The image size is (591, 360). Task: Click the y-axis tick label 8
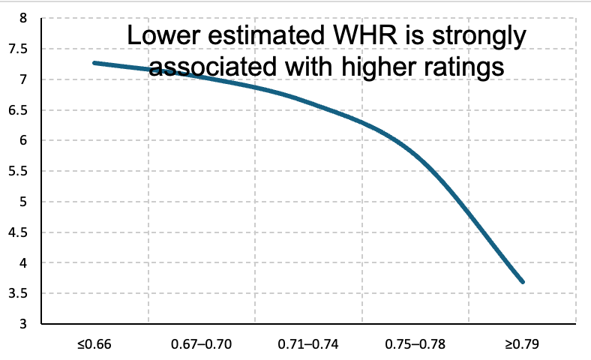pos(23,18)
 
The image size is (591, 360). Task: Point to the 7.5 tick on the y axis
pos(18,49)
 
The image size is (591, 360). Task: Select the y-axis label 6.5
pos(18,110)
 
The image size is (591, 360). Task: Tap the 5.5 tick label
pos(18,171)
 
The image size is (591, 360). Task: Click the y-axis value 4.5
pos(18,232)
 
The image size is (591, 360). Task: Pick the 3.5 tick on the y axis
pos(18,293)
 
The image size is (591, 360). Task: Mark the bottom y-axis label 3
pos(23,324)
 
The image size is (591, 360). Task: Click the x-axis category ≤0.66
pos(94,344)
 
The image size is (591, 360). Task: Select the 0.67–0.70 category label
pos(201,344)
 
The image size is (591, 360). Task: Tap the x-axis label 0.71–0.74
pos(308,344)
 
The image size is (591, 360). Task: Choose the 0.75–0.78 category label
pos(415,344)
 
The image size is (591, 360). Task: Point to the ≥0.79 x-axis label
pos(522,344)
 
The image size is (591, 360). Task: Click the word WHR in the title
pos(365,35)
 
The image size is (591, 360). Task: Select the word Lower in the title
pos(163,35)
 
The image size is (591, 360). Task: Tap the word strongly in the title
pos(479,37)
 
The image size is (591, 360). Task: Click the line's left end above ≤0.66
pos(94,63)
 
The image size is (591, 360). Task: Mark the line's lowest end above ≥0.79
pos(523,281)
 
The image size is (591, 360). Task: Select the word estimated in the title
pos(266,35)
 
